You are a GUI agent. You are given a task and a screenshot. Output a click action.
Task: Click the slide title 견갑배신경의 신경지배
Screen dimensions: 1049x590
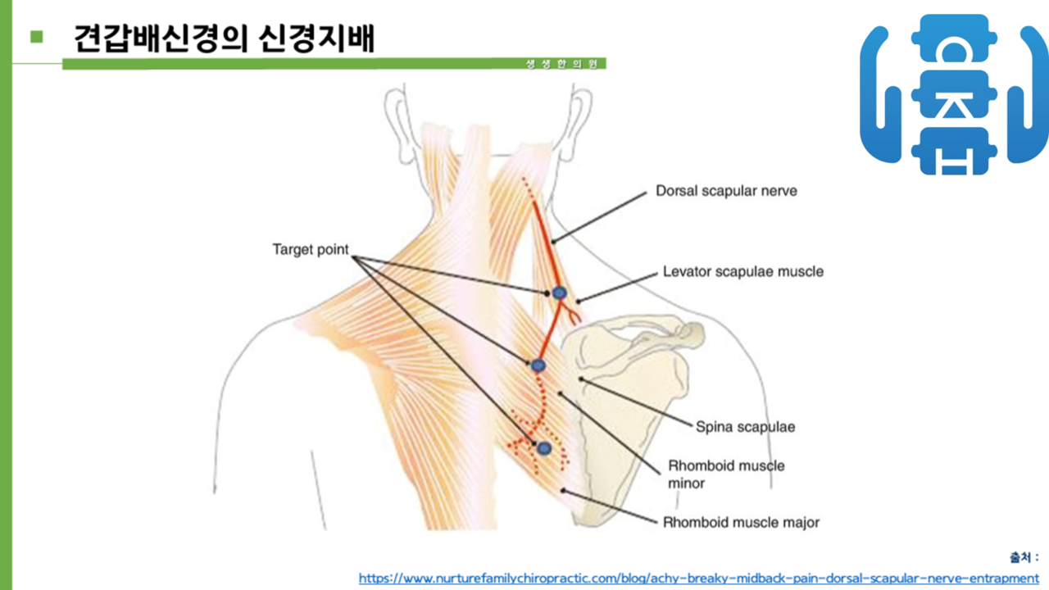coord(224,39)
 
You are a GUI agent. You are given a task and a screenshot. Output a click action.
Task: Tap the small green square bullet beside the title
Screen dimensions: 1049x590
coord(35,36)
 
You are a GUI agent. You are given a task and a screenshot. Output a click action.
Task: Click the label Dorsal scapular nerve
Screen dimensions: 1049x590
coord(726,191)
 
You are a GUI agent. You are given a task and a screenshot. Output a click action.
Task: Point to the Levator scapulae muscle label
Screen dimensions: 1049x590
coord(742,271)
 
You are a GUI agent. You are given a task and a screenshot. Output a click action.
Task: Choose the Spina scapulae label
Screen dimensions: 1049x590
coord(745,426)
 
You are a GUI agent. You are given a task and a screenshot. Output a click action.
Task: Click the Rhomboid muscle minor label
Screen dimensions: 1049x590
coord(726,474)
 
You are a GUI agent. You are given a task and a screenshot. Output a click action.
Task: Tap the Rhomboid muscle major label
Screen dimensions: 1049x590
coord(741,522)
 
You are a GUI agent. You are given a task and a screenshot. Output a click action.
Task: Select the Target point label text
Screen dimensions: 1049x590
coord(311,250)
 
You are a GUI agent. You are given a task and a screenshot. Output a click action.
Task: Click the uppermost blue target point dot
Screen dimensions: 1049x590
coord(559,293)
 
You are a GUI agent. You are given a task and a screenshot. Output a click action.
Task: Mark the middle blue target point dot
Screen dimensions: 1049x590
coord(538,365)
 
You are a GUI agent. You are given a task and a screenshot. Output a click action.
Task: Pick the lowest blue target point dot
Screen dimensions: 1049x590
coord(543,447)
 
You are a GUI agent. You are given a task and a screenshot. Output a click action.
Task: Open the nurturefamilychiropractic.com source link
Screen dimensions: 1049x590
coord(698,578)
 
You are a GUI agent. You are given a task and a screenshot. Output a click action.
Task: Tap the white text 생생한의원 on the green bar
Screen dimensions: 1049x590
coord(562,64)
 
